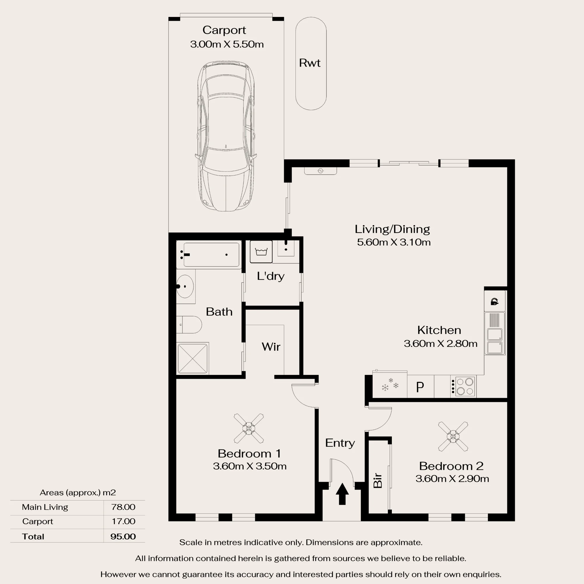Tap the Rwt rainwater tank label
[x=310, y=63]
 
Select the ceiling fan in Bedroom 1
[x=248, y=428]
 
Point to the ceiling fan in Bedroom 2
[x=453, y=437]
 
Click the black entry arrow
[x=342, y=493]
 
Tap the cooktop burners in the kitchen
[x=465, y=386]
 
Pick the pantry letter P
[x=420, y=387]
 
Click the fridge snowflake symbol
[x=390, y=385]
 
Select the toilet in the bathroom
[x=189, y=325]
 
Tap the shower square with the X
[x=192, y=359]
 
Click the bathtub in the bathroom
[x=209, y=255]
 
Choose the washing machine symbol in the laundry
[x=261, y=251]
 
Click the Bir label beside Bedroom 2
[x=378, y=481]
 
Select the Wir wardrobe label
[x=271, y=347]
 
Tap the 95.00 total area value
[x=123, y=536]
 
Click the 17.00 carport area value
[x=123, y=521]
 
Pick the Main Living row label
[x=45, y=507]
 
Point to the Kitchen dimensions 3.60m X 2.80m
[x=440, y=343]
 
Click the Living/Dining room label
[x=392, y=229]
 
